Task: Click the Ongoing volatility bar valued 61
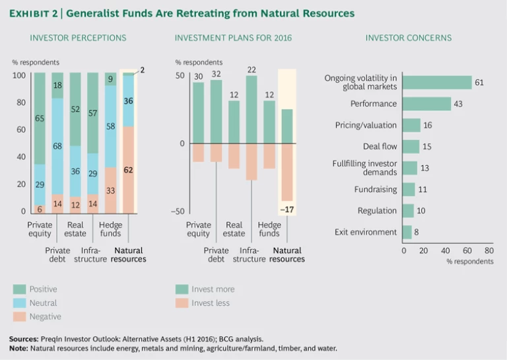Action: [x=437, y=82]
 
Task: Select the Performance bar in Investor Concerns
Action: [x=426, y=104]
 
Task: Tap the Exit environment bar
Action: [x=407, y=232]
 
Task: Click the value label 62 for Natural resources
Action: [x=129, y=170]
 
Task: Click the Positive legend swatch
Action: [x=19, y=289]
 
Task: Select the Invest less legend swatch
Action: [x=181, y=303]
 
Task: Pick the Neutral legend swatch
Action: [x=19, y=303]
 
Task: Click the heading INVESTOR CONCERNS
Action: [x=409, y=38]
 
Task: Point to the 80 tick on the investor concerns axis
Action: [x=489, y=250]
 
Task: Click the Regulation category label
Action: [x=377, y=211]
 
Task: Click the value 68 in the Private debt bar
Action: [x=57, y=146]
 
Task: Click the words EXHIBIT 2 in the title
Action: [x=34, y=13]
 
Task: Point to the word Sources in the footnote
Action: [x=24, y=338]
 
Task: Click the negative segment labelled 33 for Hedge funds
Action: [x=110, y=190]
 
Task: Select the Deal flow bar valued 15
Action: [x=411, y=147]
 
